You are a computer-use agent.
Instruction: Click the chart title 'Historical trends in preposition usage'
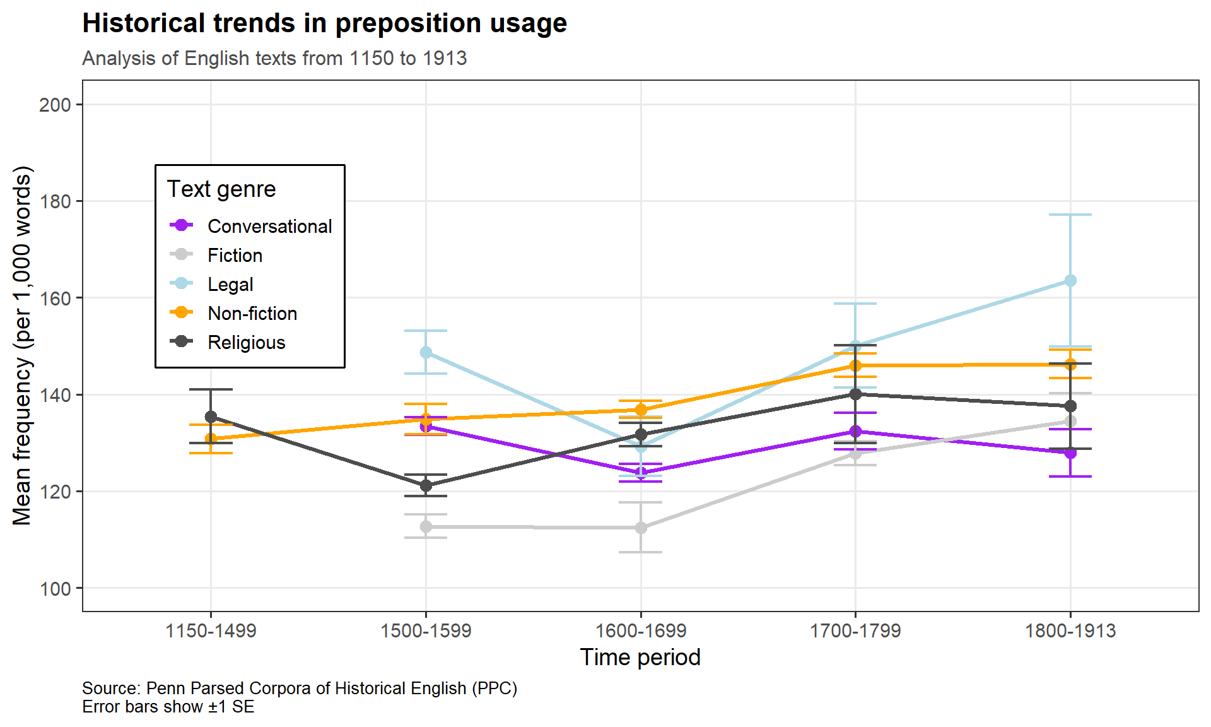tap(324, 23)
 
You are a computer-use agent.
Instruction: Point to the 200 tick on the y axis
tap(56, 105)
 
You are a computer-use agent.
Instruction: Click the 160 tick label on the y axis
tap(56, 298)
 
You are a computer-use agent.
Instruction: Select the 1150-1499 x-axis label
tap(211, 630)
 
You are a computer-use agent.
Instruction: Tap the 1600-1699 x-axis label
tap(641, 630)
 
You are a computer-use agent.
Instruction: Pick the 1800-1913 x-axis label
tap(1070, 630)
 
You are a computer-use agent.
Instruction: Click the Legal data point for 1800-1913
tap(1070, 280)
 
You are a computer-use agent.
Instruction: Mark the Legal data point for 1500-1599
tap(426, 352)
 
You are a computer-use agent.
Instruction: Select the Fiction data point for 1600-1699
tap(641, 528)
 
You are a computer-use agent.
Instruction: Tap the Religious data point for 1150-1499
tap(211, 417)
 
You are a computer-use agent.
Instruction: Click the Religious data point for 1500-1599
tap(426, 485)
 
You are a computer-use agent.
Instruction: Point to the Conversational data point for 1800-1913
tap(1070, 452)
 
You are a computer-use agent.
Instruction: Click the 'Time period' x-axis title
tap(640, 658)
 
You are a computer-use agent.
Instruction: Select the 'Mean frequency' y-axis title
tap(22, 345)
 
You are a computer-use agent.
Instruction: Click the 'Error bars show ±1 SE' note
tap(168, 707)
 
